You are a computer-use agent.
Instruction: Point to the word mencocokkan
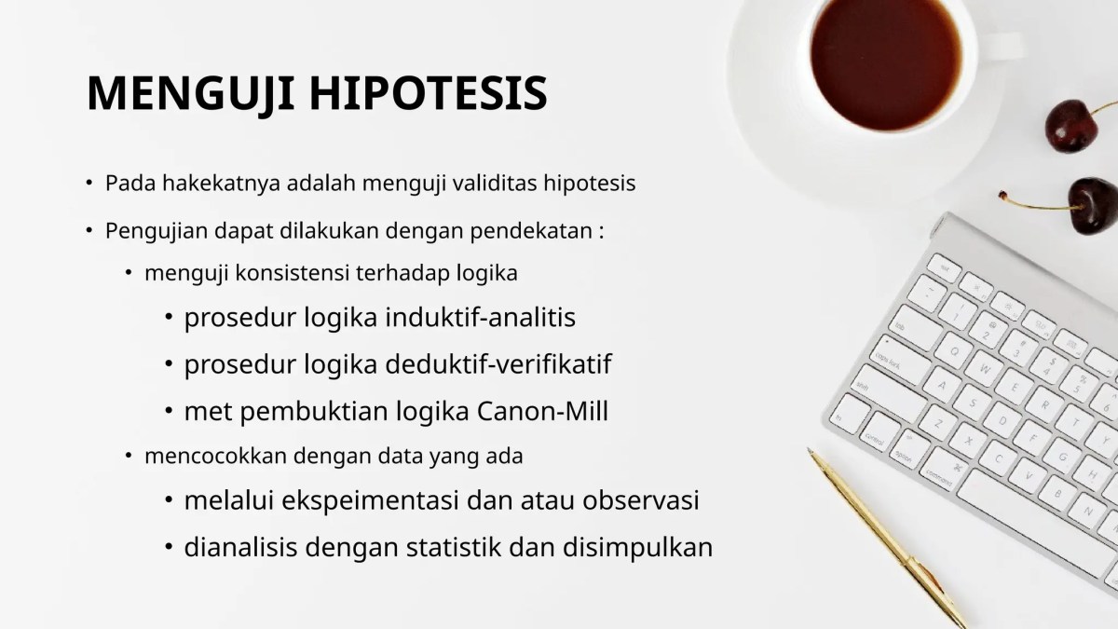point(204,457)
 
